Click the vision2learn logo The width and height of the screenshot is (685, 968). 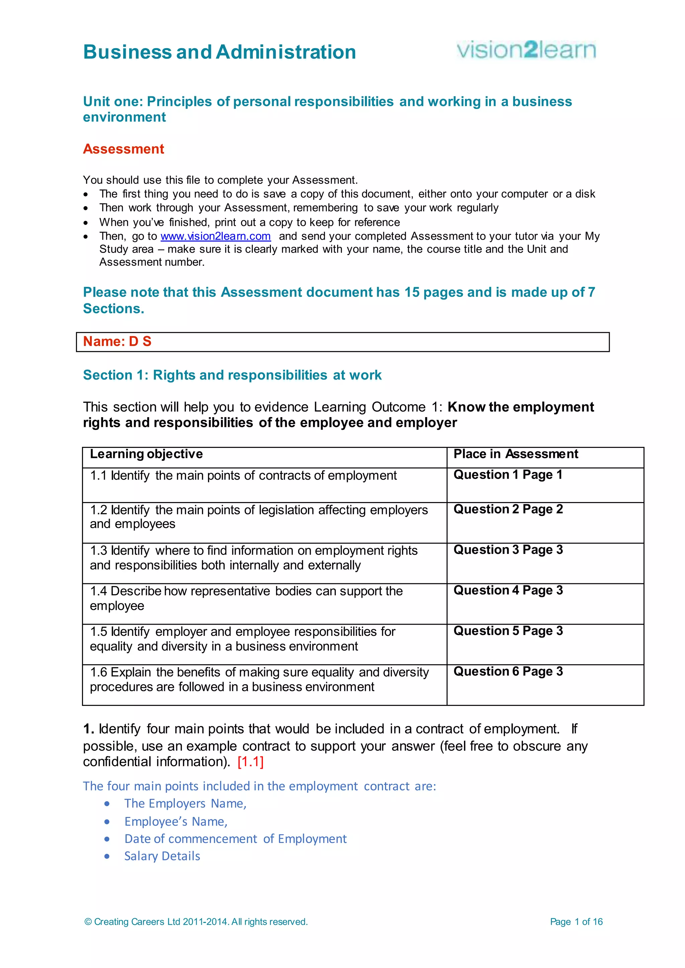526,50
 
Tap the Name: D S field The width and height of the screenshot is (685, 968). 342,342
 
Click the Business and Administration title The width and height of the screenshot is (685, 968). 219,52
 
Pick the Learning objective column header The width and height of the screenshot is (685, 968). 146,454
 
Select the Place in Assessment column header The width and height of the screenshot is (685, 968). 515,454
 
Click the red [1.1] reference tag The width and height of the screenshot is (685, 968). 251,762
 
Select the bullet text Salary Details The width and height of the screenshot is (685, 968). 162,856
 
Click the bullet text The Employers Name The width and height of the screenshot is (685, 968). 185,804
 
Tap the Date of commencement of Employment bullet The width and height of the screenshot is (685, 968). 235,839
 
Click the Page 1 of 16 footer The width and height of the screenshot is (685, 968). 576,922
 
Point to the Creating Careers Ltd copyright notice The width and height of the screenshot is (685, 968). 196,922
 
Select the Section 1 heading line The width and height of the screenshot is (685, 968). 232,375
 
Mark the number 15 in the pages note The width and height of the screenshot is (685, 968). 412,292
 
